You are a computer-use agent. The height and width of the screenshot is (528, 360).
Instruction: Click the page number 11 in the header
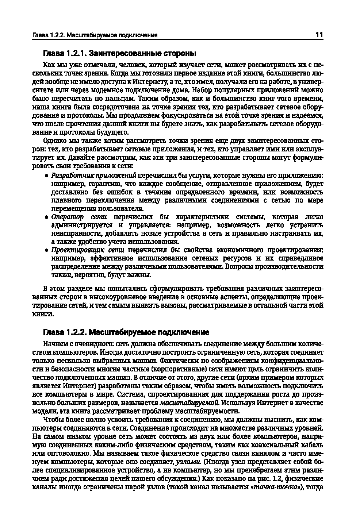click(x=319, y=35)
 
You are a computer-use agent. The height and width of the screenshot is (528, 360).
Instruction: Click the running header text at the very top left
click(x=95, y=35)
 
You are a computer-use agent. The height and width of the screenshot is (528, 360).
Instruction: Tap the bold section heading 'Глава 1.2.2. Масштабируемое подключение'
click(x=126, y=332)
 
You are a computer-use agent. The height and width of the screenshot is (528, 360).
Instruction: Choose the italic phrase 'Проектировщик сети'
click(x=88, y=250)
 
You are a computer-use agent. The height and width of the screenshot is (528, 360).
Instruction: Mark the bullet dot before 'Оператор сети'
click(x=46, y=217)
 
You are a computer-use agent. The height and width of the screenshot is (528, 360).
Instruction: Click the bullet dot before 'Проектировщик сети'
click(x=46, y=250)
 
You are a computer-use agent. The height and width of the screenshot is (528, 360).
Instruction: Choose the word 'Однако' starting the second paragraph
click(x=54, y=141)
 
